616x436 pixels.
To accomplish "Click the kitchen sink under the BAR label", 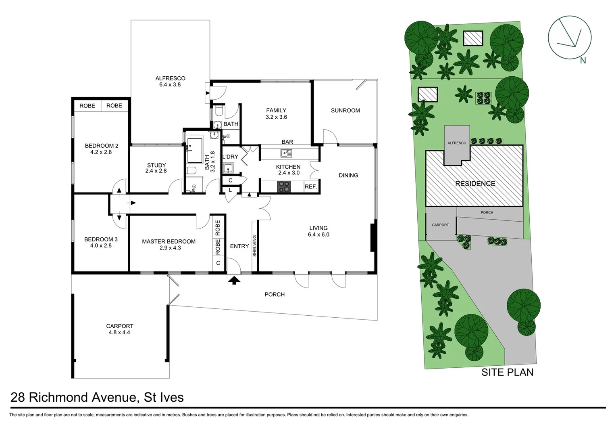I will pos(286,153).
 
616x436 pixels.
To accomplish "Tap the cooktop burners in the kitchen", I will pos(284,187).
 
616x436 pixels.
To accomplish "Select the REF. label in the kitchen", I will pos(311,187).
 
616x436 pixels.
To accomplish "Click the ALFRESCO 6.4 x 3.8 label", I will pos(170,82).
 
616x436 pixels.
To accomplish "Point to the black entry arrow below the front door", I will pos(234,280).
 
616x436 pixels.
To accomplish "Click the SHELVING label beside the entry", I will pos(254,246).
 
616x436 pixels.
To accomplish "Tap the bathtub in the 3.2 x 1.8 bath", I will pos(195,150).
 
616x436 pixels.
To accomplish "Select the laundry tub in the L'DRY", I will pos(229,168).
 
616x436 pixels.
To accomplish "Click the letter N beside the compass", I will pos(583,61).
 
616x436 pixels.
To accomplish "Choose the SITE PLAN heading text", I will pos(507,372).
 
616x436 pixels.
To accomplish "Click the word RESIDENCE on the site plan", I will pos(475,184).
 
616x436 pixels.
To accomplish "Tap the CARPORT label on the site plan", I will pos(440,225).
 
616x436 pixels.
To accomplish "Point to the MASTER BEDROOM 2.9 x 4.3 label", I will pos(169,245).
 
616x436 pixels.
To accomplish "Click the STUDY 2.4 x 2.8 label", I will pos(156,168).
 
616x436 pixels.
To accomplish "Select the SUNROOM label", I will pos(345,110).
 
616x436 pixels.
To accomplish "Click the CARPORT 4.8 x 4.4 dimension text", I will pos(119,333).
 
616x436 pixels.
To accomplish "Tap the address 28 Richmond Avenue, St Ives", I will pos(97,397).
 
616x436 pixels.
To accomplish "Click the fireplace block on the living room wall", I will pos(374,238).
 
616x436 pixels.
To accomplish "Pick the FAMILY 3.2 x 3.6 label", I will pos(276,113).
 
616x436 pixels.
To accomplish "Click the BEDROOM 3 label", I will pos(101,239).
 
